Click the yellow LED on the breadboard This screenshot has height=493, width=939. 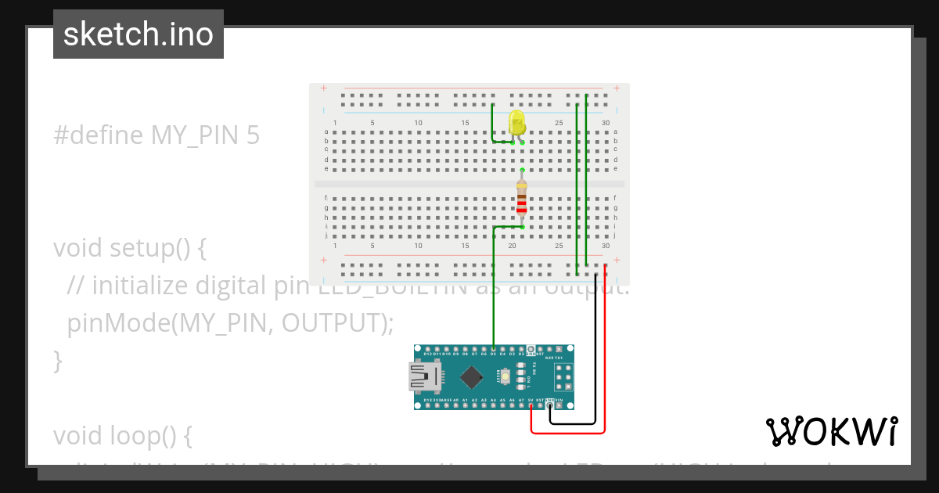(516, 123)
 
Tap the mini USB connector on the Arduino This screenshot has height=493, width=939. (420, 376)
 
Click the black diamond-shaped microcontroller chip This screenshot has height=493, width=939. (471, 378)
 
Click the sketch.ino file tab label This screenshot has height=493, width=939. (139, 34)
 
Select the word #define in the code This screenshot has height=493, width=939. (98, 135)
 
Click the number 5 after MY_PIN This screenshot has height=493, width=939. (253, 135)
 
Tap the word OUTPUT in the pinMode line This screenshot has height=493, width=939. (329, 322)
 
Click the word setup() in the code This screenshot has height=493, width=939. (157, 248)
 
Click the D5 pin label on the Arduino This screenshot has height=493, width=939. (493, 354)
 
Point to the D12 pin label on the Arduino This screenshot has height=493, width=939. (427, 354)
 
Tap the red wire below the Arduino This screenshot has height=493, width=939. (568, 432)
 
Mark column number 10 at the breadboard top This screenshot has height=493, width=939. (418, 123)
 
